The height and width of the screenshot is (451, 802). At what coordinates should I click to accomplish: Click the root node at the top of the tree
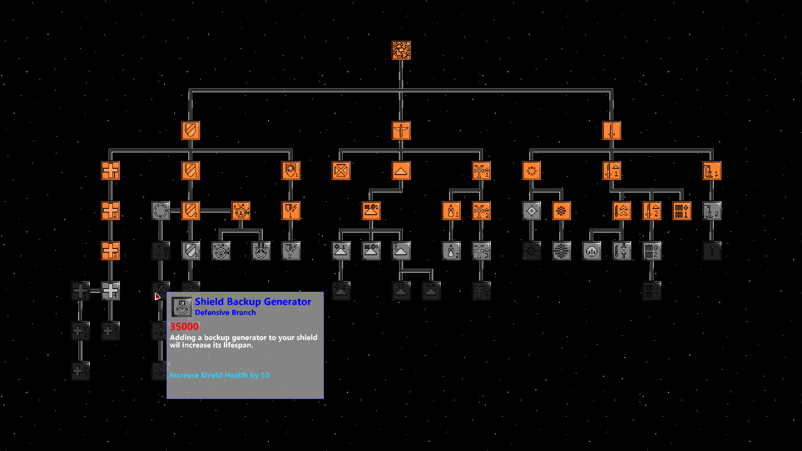pyautogui.click(x=401, y=50)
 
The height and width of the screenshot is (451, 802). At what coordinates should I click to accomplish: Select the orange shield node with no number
pyautogui.click(x=190, y=130)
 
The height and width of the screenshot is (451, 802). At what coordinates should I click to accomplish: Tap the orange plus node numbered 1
pyautogui.click(x=110, y=170)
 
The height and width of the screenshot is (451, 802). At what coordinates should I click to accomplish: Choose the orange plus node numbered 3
pyautogui.click(x=110, y=251)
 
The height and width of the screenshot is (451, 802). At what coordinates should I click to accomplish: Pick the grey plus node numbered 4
pyautogui.click(x=110, y=291)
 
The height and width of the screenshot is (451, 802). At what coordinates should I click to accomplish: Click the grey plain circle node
pyautogui.click(x=160, y=210)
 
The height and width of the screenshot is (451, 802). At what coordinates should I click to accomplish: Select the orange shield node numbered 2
pyautogui.click(x=190, y=210)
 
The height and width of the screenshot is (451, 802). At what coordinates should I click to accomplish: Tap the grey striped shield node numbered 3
pyautogui.click(x=190, y=251)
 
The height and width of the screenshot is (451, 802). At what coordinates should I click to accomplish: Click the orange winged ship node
pyautogui.click(x=401, y=130)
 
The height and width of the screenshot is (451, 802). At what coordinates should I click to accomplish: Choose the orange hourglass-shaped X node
pyautogui.click(x=341, y=170)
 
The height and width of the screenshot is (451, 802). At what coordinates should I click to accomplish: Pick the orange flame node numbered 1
pyautogui.click(x=451, y=210)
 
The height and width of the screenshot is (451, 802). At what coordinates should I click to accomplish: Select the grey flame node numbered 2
pyautogui.click(x=451, y=251)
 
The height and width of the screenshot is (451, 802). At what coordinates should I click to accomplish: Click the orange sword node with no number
pyautogui.click(x=612, y=130)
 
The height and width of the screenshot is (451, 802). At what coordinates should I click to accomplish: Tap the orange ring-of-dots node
pyautogui.click(x=531, y=170)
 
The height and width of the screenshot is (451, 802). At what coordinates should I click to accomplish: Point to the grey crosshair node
pyautogui.click(x=531, y=210)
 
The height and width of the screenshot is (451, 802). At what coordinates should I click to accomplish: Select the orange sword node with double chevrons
pyautogui.click(x=622, y=210)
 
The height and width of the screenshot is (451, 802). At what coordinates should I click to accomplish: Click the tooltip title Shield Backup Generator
pyautogui.click(x=253, y=302)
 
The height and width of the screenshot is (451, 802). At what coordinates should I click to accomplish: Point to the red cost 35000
pyautogui.click(x=184, y=327)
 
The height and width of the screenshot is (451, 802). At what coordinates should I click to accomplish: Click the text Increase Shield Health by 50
pyautogui.click(x=220, y=375)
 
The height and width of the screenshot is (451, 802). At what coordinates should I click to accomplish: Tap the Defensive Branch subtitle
pyautogui.click(x=225, y=312)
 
